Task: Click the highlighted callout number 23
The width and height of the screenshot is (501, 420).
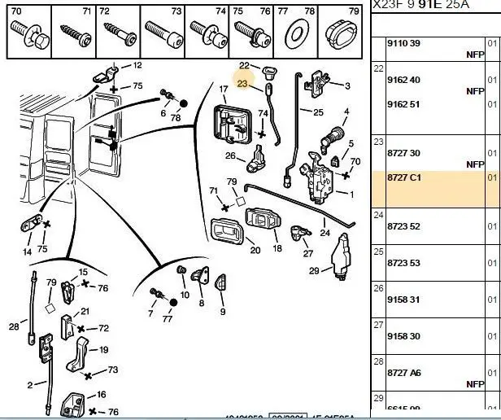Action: (x=242, y=82)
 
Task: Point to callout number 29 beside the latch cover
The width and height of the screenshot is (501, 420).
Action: (x=314, y=270)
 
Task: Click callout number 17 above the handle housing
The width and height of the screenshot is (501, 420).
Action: (x=224, y=89)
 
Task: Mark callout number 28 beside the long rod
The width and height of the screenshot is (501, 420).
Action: (x=14, y=327)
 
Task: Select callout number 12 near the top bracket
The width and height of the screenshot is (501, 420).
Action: (x=137, y=65)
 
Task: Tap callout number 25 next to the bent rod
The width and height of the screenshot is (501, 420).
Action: (x=318, y=112)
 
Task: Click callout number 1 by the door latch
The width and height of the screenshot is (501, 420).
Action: (x=351, y=194)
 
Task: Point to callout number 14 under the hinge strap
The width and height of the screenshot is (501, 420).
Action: (x=28, y=252)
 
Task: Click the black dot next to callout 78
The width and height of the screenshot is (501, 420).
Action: (x=183, y=104)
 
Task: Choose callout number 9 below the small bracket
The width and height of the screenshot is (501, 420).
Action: (x=222, y=312)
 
